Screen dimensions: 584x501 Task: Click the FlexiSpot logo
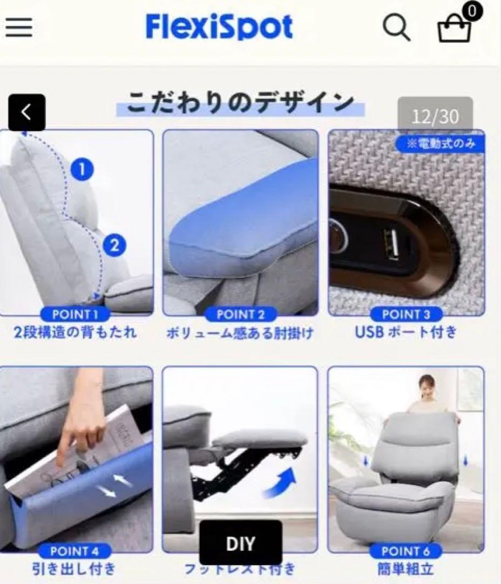click(219, 27)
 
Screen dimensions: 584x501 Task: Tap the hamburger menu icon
click(19, 27)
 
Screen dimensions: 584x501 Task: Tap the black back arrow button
click(26, 112)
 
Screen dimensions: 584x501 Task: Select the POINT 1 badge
click(75, 314)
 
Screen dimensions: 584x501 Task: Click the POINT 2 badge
click(241, 314)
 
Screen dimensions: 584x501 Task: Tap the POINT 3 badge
click(406, 314)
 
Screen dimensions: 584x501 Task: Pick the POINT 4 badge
click(75, 551)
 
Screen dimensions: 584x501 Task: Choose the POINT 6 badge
click(406, 551)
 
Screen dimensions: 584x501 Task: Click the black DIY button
click(241, 543)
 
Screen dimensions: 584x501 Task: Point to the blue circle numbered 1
click(82, 170)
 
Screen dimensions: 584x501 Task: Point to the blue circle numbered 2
click(114, 246)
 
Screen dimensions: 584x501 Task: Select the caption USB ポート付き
click(406, 332)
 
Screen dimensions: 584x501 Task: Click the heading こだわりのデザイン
click(241, 103)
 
